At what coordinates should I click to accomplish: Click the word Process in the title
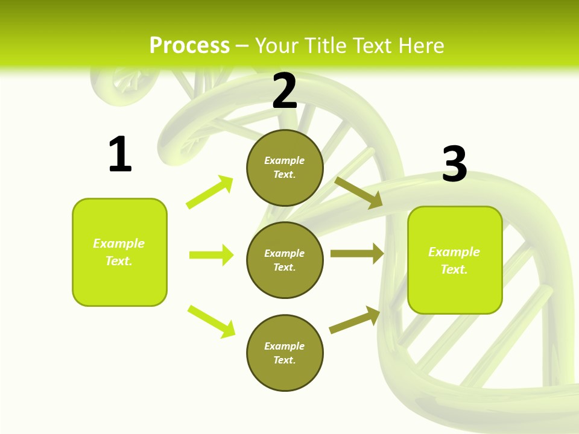(x=189, y=46)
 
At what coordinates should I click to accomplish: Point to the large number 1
(x=120, y=154)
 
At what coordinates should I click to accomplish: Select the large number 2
(x=285, y=91)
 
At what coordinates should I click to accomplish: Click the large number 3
(x=454, y=164)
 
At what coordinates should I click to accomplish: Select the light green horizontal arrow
(x=211, y=255)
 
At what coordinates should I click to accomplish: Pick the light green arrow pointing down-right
(x=211, y=321)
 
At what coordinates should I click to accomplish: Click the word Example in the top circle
(x=285, y=160)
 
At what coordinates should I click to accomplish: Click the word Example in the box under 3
(x=454, y=252)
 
